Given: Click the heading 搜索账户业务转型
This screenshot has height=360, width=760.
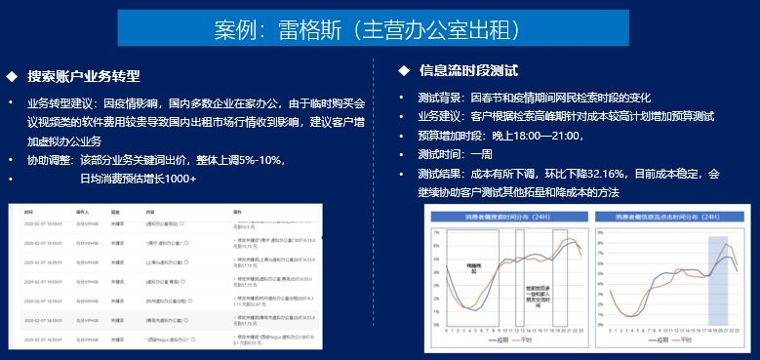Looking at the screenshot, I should pos(84,76).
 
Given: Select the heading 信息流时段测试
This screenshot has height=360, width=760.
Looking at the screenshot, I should pos(467,70).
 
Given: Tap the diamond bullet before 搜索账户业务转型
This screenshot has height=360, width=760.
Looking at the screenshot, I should pos(12,76).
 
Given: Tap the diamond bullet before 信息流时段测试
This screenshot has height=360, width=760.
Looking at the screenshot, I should pos(403,70).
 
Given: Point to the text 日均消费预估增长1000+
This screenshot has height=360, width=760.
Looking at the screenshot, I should pos(138,179).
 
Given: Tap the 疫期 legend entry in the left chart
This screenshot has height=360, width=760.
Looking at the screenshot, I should pos(496,340).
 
